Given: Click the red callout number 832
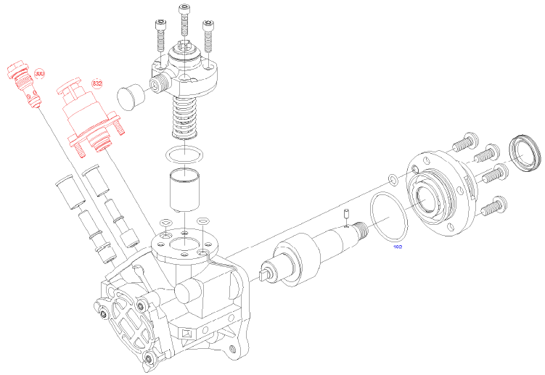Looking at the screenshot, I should [97, 83].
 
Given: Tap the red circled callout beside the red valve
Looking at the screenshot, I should [39, 75].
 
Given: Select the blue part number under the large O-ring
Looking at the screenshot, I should [398, 247].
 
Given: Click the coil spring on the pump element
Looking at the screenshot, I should [187, 116].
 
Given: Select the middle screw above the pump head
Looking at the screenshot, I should [184, 22].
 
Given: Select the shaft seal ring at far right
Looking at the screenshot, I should [525, 153].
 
